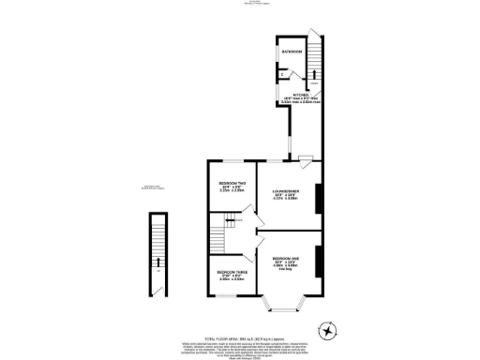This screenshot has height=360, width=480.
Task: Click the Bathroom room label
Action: point(292,65)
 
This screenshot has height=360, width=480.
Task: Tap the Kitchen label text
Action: point(301,96)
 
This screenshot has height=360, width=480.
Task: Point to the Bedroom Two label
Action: point(232,183)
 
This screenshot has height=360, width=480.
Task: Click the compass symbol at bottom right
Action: point(327,330)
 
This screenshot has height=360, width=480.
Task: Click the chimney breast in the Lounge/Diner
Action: point(321,197)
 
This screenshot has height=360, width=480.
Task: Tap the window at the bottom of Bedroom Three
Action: point(225,296)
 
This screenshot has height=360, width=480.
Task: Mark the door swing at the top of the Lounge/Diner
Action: point(305,157)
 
